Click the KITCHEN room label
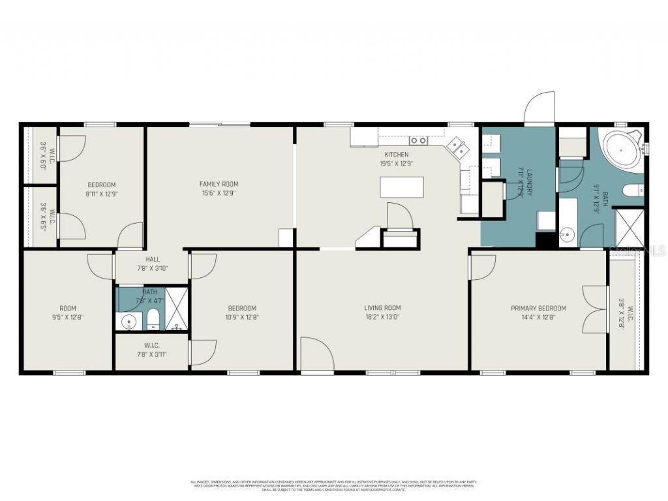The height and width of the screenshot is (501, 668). point(396,155)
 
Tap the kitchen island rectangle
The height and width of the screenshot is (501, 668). point(402,187)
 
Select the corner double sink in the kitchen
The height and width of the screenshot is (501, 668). point(459,148)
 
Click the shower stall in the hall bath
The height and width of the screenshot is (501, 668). point(175,309)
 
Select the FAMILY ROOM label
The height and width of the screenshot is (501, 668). point(219,184)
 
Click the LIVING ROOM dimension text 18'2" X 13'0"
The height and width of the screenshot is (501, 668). point(382,318)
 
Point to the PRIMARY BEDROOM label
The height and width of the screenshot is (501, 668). point(538,309)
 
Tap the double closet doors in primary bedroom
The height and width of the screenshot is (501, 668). point(595,309)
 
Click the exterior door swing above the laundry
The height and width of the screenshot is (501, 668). point(540,108)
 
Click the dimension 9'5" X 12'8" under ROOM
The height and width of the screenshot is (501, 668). point(68,318)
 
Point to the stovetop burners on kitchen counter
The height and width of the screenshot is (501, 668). point(418,140)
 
